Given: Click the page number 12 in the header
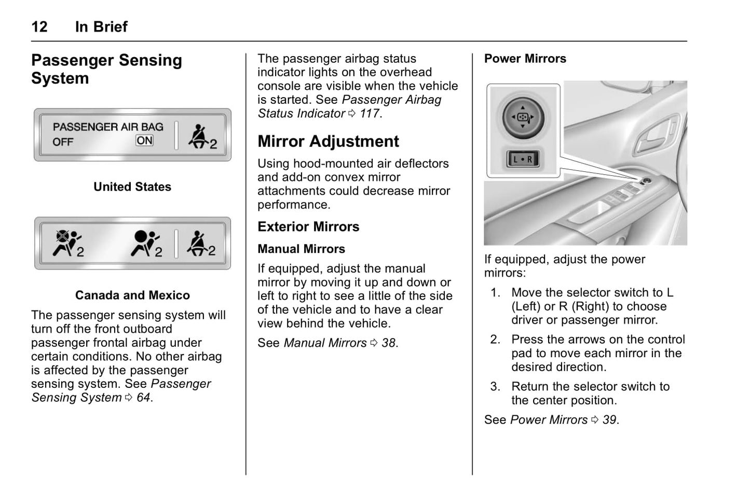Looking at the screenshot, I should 39,26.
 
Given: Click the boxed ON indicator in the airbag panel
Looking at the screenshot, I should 144,140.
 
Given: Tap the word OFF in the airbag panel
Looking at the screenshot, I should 63,142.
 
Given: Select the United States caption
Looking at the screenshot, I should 132,187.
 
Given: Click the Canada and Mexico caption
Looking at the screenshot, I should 132,295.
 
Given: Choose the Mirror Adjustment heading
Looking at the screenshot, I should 328,141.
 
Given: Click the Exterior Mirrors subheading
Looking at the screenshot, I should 308,227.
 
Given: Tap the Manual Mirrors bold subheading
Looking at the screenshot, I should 301,249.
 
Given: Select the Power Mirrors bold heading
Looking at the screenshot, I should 525,59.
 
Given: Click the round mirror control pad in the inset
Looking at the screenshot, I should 523,117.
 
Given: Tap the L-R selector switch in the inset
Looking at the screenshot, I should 523,159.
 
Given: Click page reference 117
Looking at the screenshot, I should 370,114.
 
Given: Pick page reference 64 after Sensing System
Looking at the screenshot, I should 143,398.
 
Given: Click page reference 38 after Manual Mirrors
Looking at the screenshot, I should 389,343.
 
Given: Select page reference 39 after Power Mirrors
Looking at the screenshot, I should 609,420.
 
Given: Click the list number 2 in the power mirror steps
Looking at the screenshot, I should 495,340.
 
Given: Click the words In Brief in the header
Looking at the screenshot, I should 101,26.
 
